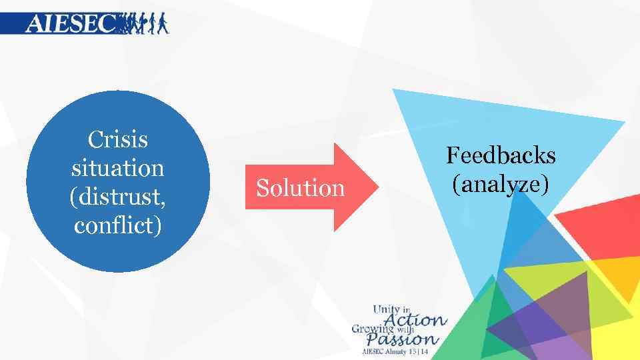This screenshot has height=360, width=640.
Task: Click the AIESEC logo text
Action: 70,24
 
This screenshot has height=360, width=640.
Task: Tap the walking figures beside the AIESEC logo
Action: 143,23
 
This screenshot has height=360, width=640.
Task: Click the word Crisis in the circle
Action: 117,140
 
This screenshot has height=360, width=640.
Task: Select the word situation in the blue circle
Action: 117,167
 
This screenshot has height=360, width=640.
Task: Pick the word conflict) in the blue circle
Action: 117,225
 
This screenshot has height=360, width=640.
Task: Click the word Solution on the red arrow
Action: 301,189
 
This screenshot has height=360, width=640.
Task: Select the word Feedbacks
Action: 501,155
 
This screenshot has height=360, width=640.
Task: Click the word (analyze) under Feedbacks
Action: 501,183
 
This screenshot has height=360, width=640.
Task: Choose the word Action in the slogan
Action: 421,319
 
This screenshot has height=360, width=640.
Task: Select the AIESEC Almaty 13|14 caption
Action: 396,351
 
